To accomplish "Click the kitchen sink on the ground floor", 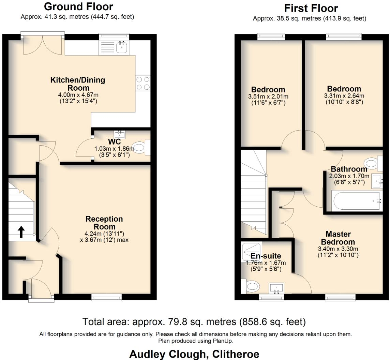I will pyautogui.click(x=121, y=47).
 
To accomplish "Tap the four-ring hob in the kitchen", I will pyautogui.click(x=143, y=83).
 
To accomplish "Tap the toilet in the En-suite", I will pyautogui.click(x=251, y=286).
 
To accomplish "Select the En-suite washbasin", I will pyautogui.click(x=276, y=288).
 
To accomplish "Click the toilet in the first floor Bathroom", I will pyautogui.click(x=371, y=162).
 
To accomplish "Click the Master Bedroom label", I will pyautogui.click(x=338, y=238).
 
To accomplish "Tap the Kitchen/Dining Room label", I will pyautogui.click(x=78, y=84).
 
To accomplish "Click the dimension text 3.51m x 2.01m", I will pyautogui.click(x=268, y=96).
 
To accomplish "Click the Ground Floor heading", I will pyautogui.click(x=78, y=6).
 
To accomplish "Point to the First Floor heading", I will pyautogui.click(x=311, y=8).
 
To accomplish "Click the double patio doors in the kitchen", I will pyautogui.click(x=43, y=44).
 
